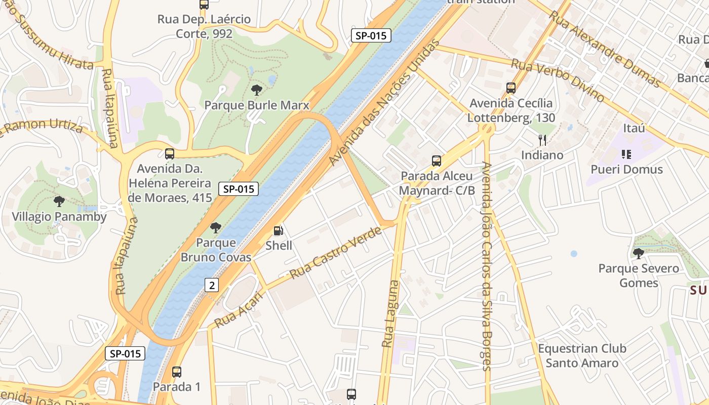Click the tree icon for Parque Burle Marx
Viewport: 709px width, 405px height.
coord(257,90)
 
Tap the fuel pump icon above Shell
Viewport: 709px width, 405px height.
coord(278,231)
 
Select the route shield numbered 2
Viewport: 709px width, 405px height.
coord(212,285)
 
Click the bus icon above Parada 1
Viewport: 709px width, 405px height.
coord(177,372)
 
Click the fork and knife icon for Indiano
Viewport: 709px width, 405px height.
coord(542,140)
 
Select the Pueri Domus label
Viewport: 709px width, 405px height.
coord(627,169)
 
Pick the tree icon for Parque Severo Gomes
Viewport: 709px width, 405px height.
coord(638,253)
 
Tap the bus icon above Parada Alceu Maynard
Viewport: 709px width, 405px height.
coord(437,161)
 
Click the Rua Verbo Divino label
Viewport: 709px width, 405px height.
coord(557,80)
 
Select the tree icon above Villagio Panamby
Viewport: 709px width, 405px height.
coord(59,201)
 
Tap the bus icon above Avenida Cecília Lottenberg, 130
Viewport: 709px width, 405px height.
coord(511,88)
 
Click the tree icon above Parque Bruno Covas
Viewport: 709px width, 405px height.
coord(216,227)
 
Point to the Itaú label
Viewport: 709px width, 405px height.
coord(634,128)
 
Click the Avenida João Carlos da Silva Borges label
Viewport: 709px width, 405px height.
coord(487,266)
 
